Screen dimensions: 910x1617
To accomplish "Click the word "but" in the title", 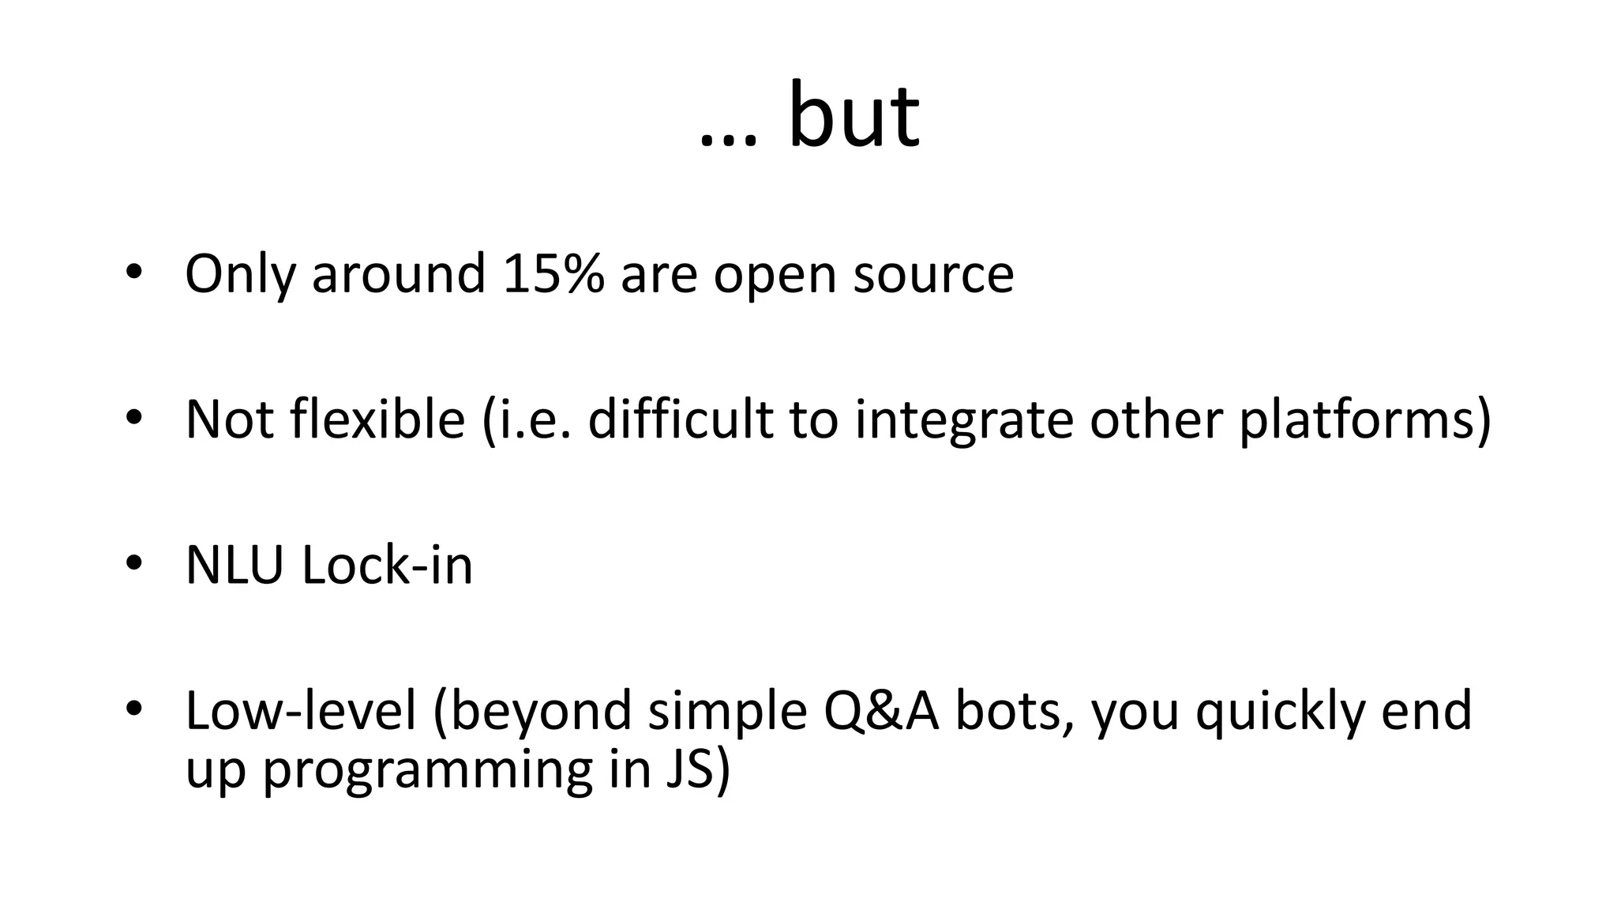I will click(x=854, y=117).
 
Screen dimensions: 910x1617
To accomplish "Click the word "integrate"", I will click(x=964, y=420).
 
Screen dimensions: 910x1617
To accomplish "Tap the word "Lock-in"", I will click(x=388, y=566).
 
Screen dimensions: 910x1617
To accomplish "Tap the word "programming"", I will click(x=427, y=771).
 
